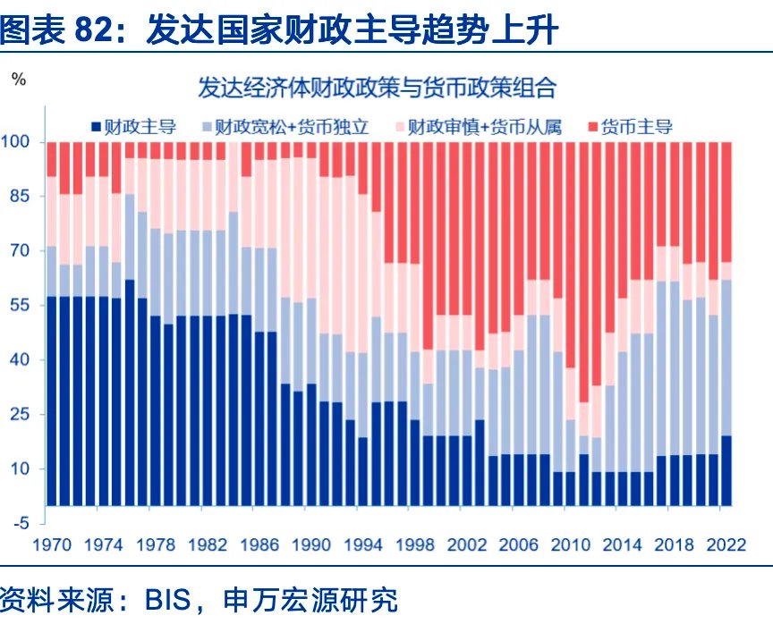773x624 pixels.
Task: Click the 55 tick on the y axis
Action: pos(21,306)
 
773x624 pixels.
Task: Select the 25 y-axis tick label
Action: pos(21,415)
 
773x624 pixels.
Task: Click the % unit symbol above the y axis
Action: pos(19,79)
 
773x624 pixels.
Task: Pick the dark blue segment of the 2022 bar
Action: pos(726,470)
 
